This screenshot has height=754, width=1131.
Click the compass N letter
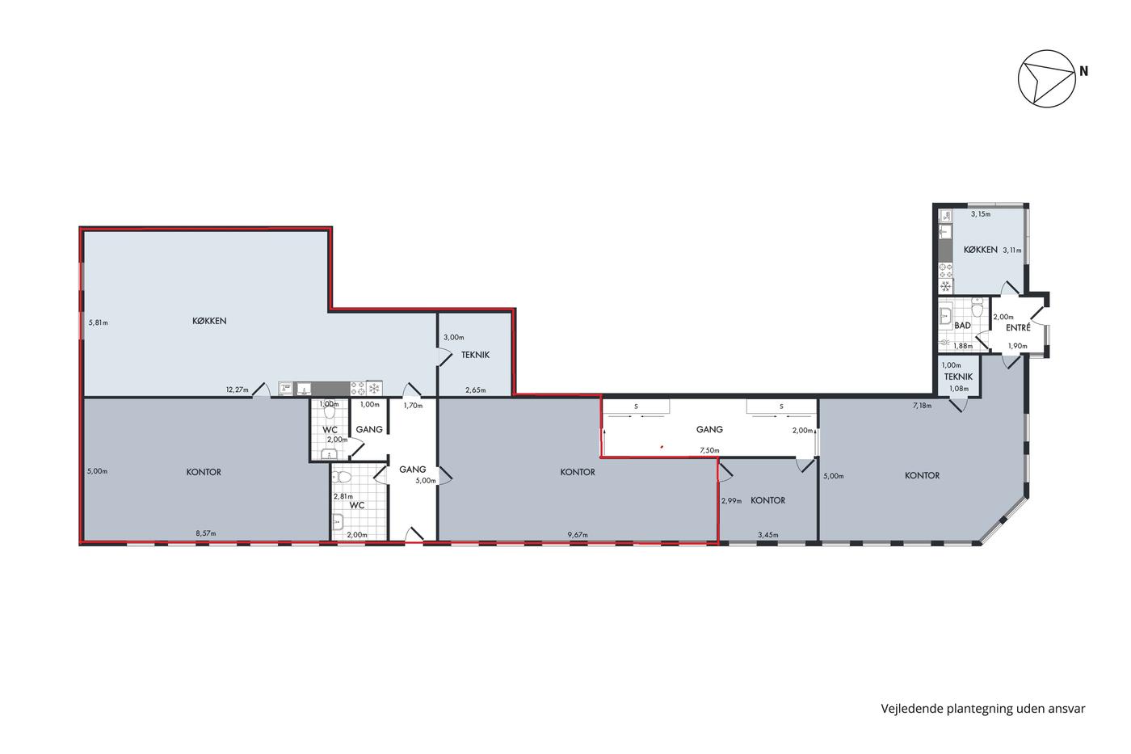(1083, 72)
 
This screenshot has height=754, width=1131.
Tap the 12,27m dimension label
(238, 390)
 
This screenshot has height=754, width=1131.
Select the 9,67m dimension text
(578, 535)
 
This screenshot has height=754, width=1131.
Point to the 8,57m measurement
(206, 533)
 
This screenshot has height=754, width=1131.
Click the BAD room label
(962, 326)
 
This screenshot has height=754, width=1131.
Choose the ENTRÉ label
(1018, 328)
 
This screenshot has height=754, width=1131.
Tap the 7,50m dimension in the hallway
(709, 450)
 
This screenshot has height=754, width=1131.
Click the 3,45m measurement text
(768, 535)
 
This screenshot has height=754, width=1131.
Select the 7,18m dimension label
(922, 406)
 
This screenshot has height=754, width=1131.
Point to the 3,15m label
(981, 214)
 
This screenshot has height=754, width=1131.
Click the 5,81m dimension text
(98, 322)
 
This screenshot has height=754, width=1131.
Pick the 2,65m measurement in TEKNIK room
(476, 390)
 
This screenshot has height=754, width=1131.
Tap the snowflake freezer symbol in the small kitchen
(946, 286)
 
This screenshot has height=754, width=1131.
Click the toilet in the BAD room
(978, 305)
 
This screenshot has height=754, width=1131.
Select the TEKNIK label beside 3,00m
(475, 355)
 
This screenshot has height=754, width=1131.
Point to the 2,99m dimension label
(732, 501)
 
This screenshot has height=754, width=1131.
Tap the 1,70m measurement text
(413, 406)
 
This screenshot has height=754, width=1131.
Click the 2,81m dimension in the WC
(343, 496)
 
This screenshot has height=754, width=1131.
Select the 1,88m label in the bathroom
(963, 346)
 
